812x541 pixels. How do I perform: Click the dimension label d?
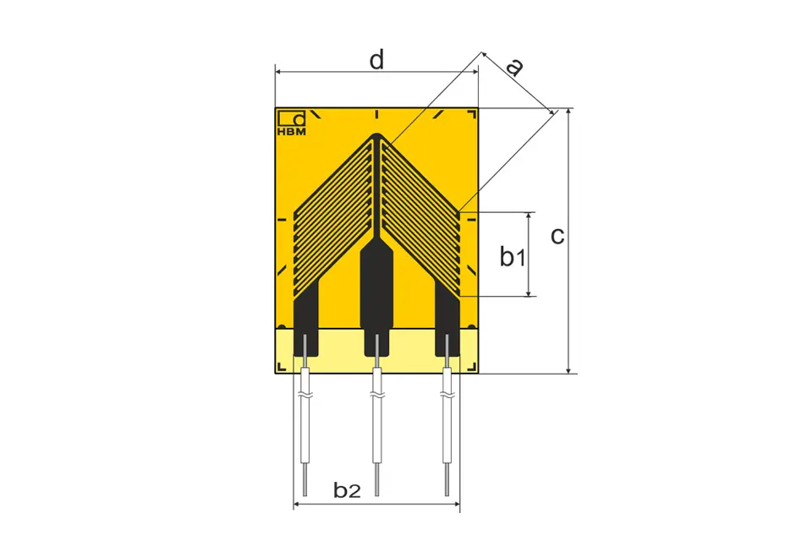pos(377,59)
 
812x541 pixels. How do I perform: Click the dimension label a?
pos(514,67)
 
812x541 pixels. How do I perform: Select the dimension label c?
pos(557,236)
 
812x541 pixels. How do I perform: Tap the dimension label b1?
pos(513,256)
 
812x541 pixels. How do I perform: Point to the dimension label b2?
pos(347,489)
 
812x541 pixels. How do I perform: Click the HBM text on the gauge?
pos(292,132)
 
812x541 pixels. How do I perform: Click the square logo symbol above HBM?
pos(292,118)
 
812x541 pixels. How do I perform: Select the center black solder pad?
pos(376,299)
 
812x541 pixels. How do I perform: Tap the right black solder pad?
pos(447,319)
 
